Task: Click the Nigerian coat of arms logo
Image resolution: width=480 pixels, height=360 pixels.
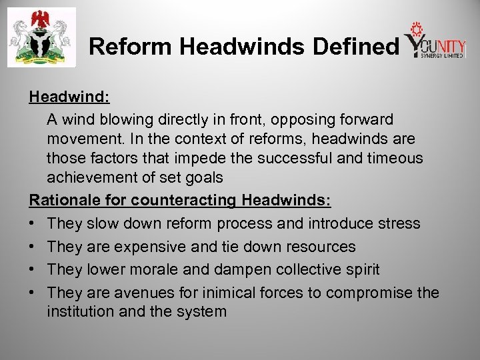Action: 41,37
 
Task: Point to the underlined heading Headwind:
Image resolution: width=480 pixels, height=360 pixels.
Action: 69,97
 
